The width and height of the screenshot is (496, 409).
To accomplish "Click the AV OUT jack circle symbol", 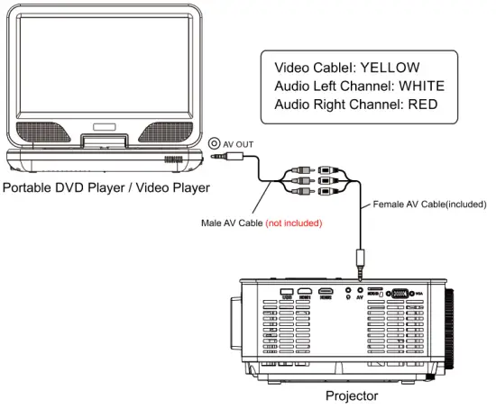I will (x=214, y=142).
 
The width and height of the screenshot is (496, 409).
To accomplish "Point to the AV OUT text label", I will (x=241, y=142).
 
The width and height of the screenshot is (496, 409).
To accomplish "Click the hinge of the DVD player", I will (x=100, y=142).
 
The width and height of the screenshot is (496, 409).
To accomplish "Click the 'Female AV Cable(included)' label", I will (x=429, y=204).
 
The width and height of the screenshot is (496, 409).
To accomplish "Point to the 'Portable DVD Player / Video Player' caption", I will (x=106, y=187).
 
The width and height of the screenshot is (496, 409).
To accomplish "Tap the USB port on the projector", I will (x=288, y=294).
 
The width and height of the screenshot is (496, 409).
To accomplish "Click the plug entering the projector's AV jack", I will (x=361, y=267).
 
